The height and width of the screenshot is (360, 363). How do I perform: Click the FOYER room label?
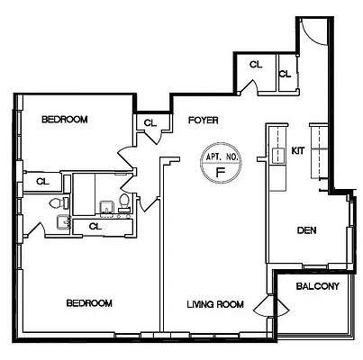click(x=202, y=119)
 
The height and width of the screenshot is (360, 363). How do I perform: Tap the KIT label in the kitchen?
click(x=298, y=151)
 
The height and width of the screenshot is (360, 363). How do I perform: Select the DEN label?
click(x=307, y=230)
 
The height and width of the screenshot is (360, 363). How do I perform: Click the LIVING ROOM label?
click(x=215, y=304)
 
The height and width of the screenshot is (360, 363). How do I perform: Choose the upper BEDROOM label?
click(x=65, y=118)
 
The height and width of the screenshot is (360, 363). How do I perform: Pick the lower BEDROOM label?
click(x=89, y=303)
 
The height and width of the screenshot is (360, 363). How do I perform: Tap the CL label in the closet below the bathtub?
click(x=95, y=226)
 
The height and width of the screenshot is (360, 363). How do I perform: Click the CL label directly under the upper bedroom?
click(x=41, y=181)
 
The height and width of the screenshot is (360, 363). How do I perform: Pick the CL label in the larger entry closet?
click(x=255, y=65)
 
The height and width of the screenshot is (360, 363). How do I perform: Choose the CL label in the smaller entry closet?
click(x=285, y=73)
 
